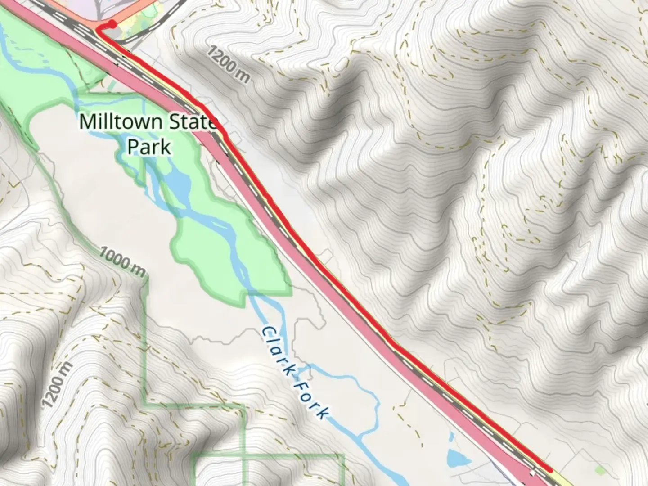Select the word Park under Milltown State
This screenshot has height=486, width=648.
click(149, 147)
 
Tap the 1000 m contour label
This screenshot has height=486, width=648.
click(122, 261)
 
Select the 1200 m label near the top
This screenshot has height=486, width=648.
click(229, 64)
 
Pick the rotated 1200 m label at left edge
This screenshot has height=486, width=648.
click(57, 385)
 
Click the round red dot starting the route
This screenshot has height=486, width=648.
click(112, 24)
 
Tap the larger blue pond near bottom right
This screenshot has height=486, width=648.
click(457, 458)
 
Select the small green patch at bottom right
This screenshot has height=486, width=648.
click(600, 471)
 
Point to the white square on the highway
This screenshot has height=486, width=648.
click(533, 473)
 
